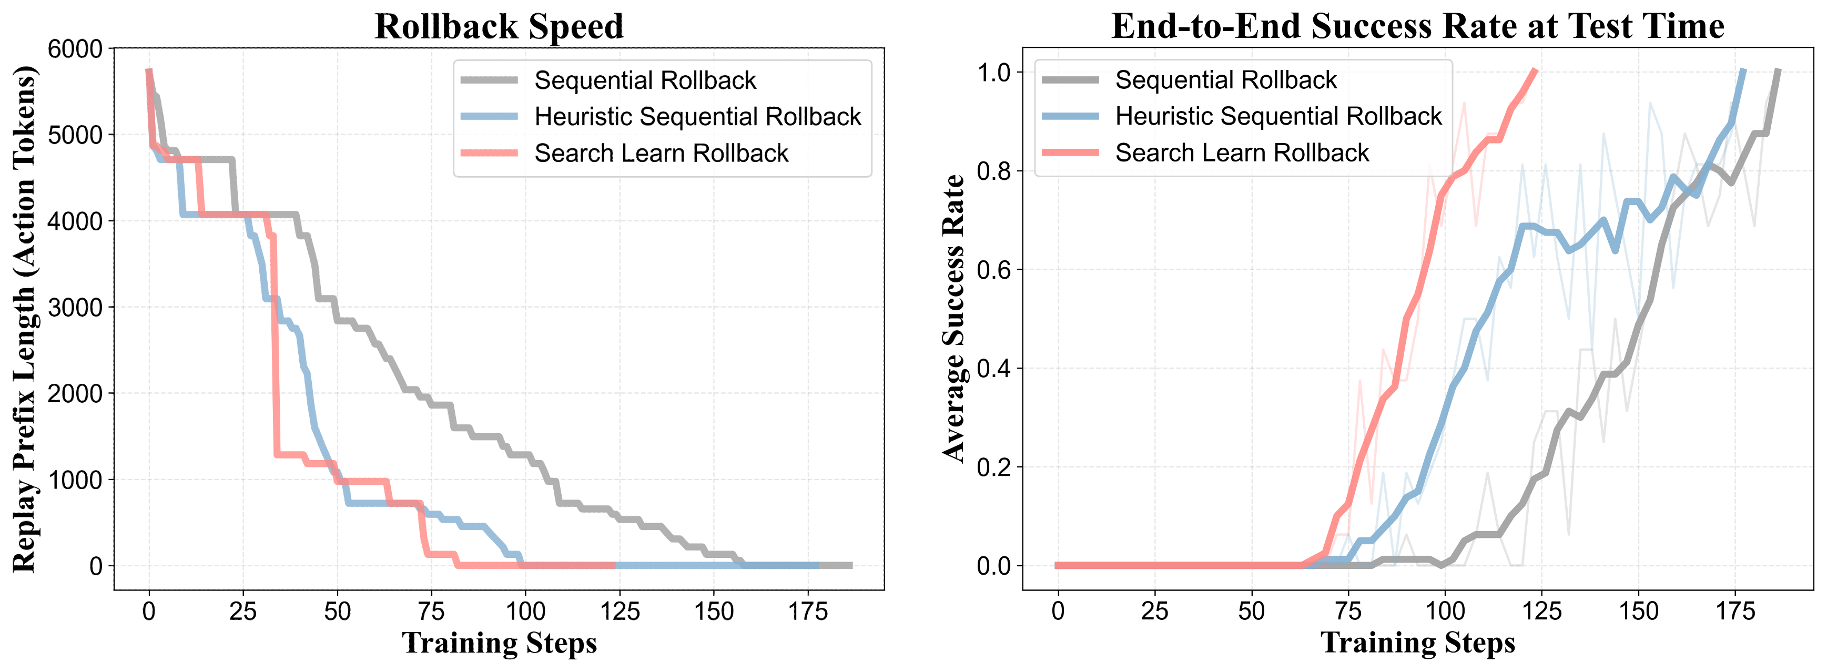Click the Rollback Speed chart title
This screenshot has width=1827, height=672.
click(499, 27)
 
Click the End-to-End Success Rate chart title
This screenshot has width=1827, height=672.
click(1417, 26)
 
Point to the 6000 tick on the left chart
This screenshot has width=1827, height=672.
click(75, 49)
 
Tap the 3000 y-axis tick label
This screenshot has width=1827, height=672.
click(75, 308)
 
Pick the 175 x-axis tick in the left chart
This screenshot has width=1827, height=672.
click(808, 611)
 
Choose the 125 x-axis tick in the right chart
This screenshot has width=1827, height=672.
click(1541, 611)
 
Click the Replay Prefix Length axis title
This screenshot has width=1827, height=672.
click(24, 319)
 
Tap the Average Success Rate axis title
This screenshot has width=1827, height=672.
click(953, 319)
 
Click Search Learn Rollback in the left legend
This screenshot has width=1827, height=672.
click(661, 153)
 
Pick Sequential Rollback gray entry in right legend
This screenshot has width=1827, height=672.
click(1225, 80)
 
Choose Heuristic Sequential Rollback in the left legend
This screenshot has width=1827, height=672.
click(697, 116)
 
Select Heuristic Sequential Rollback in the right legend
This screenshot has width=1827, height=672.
click(1278, 116)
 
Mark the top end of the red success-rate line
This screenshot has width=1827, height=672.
click(1536, 69)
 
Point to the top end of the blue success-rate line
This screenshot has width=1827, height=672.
click(1743, 69)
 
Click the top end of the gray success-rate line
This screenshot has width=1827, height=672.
click(1778, 69)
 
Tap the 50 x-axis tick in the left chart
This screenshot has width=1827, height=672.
click(337, 611)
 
